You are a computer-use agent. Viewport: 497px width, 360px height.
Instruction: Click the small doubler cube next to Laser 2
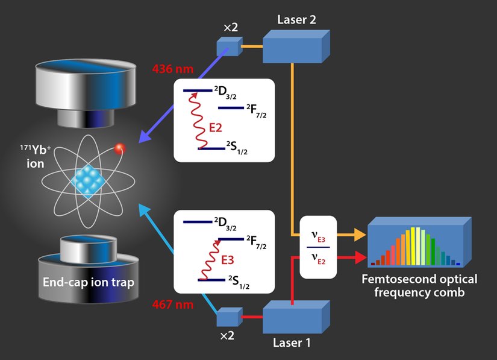click(228, 46)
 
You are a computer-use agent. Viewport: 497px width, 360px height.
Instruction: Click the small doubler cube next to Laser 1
click(228, 318)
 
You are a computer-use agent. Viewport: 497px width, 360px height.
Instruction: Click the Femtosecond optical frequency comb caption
click(419, 285)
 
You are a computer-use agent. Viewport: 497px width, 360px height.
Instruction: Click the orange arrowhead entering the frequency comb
click(359, 235)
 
